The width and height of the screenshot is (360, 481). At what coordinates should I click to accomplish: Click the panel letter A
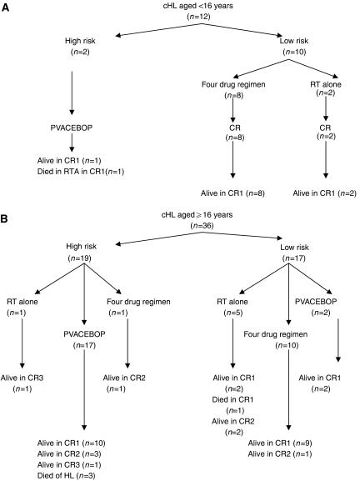7,8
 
